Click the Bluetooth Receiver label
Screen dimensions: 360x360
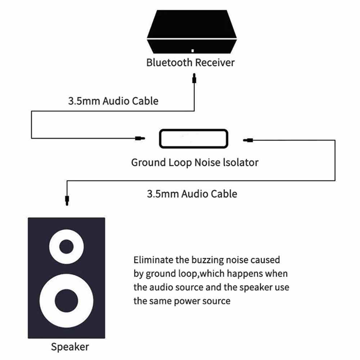pyautogui.click(x=190, y=62)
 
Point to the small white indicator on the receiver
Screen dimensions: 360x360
pyautogui.click(x=193, y=50)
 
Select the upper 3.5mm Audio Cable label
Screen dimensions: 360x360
pyautogui.click(x=113, y=100)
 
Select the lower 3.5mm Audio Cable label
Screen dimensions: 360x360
pyautogui.click(x=192, y=194)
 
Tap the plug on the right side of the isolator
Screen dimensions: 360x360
pyautogui.click(x=248, y=140)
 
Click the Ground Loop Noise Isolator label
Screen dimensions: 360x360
pyautogui.click(x=194, y=162)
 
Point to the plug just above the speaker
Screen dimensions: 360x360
pyautogui.click(x=67, y=199)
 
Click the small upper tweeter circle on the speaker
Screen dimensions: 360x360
pyautogui.click(x=66, y=247)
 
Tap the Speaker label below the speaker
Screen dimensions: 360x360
pyautogui.click(x=69, y=347)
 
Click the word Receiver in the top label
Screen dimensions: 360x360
pyautogui.click(x=215, y=62)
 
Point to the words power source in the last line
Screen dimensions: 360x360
pyautogui.click(x=202, y=301)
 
